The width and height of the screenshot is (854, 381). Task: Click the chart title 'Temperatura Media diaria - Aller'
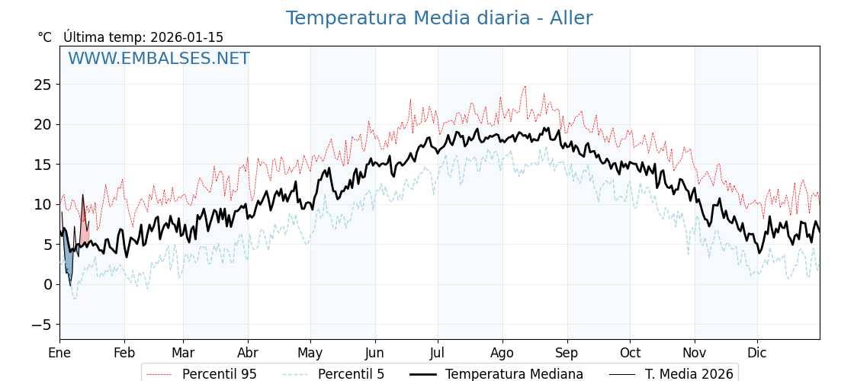(439, 18)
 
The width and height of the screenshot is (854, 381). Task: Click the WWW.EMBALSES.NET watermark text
(159, 59)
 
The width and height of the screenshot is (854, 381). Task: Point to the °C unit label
(44, 37)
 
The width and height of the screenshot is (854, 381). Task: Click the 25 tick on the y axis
(43, 85)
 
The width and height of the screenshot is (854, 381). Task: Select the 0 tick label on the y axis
(47, 284)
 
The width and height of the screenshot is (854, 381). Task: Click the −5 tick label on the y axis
(43, 325)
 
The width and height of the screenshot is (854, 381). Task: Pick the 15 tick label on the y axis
(43, 165)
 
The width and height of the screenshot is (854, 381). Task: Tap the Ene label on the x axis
(59, 353)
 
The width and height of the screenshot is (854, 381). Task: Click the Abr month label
(248, 353)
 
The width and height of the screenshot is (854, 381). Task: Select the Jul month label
(438, 353)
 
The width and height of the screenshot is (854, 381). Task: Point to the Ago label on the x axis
(502, 353)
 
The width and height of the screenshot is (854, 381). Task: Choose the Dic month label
(757, 353)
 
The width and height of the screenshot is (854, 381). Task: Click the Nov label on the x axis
(694, 353)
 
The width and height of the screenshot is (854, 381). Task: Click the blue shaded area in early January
(69, 263)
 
